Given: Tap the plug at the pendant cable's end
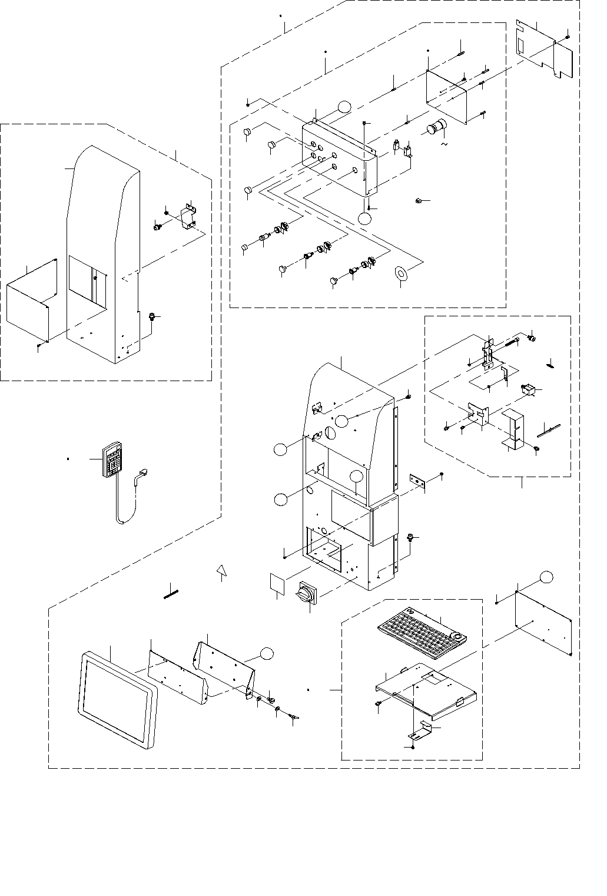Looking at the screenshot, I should [144, 473].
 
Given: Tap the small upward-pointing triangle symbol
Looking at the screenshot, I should [221, 570].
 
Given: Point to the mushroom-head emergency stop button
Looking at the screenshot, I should [437, 128].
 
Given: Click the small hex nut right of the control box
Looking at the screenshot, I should [417, 201].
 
